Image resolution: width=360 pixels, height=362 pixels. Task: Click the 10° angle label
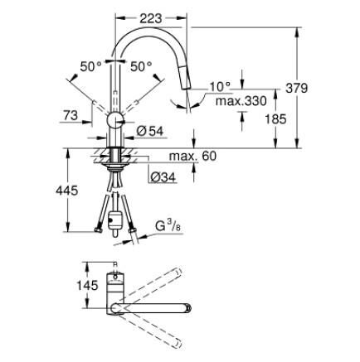click(220, 85)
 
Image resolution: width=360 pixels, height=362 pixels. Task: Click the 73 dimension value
click(71, 115)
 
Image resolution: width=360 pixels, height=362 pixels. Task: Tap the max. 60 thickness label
click(192, 156)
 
